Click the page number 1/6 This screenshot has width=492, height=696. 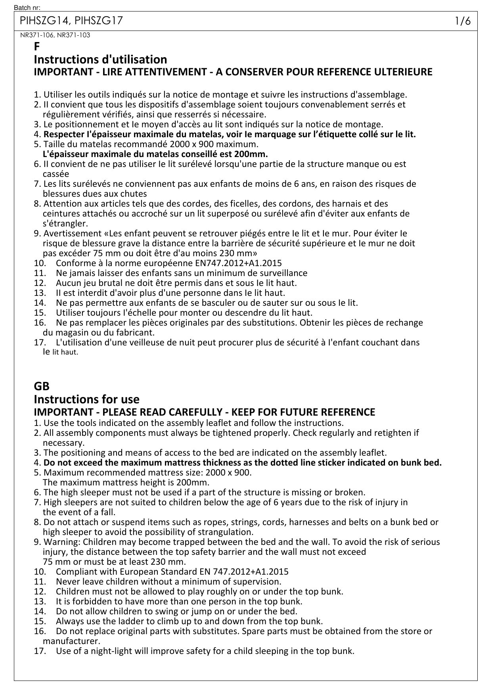pyautogui.click(x=463, y=21)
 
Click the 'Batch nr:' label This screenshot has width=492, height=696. pyautogui.click(x=27, y=8)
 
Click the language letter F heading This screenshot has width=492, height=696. pyautogui.click(x=37, y=47)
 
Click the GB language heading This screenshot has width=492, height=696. pyautogui.click(x=42, y=386)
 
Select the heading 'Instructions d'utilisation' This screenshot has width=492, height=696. pyautogui.click(x=100, y=59)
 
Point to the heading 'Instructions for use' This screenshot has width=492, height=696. pyautogui.click(x=86, y=399)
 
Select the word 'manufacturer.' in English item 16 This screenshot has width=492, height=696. pyautogui.click(x=71, y=641)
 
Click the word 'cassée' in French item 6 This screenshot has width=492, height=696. pyautogui.click(x=56, y=174)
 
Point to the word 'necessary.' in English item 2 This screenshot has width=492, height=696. pyautogui.click(x=63, y=443)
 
